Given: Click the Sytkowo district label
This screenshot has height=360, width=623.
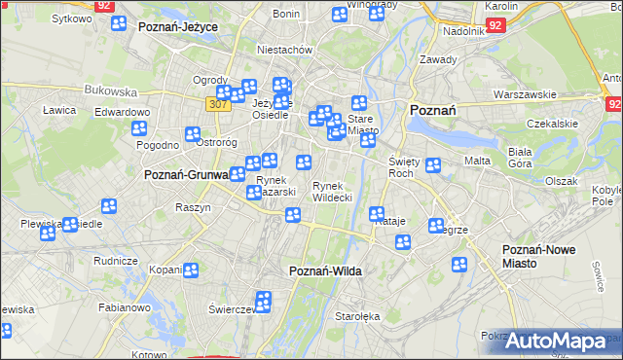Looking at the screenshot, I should [x=71, y=18].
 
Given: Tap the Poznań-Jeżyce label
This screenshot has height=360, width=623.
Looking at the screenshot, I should [x=177, y=26].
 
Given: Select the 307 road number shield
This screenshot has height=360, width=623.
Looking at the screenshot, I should [x=217, y=103].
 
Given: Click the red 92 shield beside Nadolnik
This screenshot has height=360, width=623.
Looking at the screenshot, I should [x=495, y=26].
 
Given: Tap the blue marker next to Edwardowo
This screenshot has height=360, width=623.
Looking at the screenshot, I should [x=139, y=127].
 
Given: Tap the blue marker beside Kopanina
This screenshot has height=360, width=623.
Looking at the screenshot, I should [x=190, y=270].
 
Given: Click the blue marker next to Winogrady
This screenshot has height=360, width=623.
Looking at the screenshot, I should [x=339, y=15].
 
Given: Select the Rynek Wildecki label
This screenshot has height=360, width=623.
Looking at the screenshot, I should [x=332, y=192].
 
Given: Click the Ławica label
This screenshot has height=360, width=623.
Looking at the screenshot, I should [x=59, y=110].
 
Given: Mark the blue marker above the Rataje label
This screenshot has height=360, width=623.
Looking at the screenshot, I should [x=377, y=213].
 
